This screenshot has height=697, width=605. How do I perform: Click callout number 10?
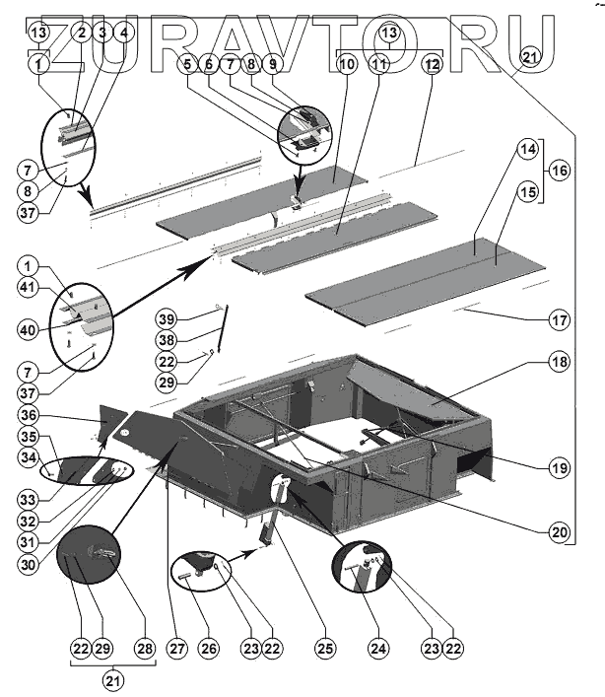tap(345, 62)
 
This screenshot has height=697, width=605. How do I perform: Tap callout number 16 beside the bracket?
tap(560, 170)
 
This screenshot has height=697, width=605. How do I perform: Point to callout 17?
tap(559, 319)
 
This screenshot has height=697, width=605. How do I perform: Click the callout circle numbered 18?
tap(559, 363)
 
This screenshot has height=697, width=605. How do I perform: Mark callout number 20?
tap(559, 531)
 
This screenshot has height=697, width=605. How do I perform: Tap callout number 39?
tap(168, 320)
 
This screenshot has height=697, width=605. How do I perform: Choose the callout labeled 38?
tap(168, 340)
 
